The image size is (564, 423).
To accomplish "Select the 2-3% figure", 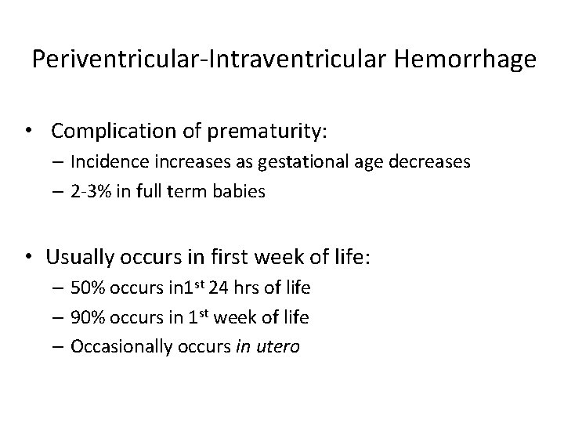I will coord(90,191).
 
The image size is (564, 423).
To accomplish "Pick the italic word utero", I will coord(277,346).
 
